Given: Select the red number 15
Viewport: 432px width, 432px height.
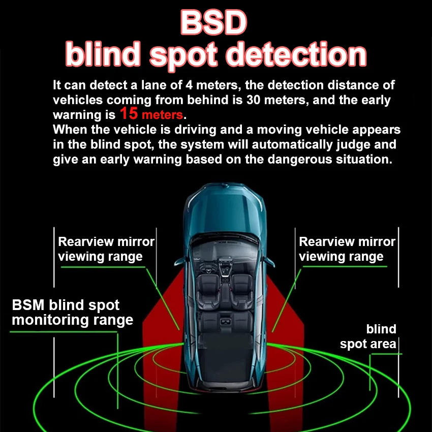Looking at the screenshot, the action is pos(129,113).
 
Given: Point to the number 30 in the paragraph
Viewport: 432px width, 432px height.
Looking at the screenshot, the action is pos(253,100).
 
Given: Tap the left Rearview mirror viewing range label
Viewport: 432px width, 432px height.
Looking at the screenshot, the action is pos(105,249).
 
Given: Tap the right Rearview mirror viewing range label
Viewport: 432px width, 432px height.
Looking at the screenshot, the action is pos(347,249).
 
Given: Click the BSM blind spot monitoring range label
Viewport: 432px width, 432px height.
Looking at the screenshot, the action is pos(72,313).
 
